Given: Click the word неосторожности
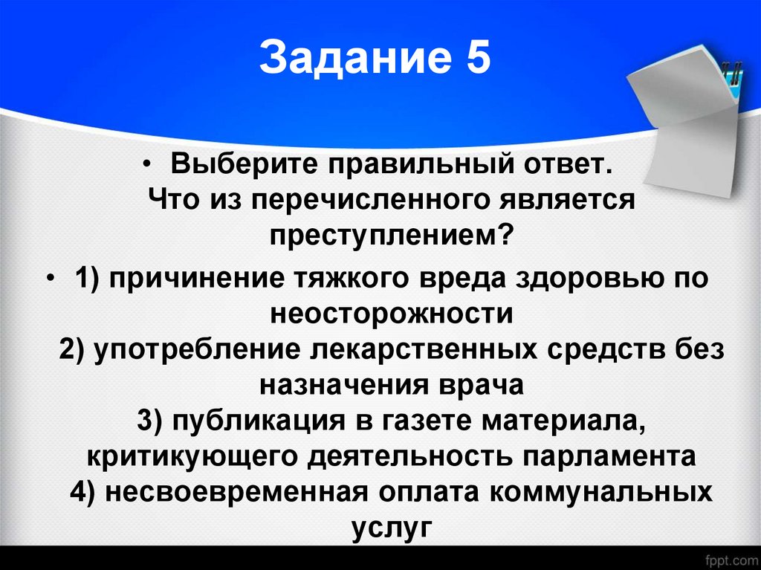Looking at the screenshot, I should tap(392, 313).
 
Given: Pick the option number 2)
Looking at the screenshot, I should tap(74, 349).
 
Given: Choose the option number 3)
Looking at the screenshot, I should tap(152, 421).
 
